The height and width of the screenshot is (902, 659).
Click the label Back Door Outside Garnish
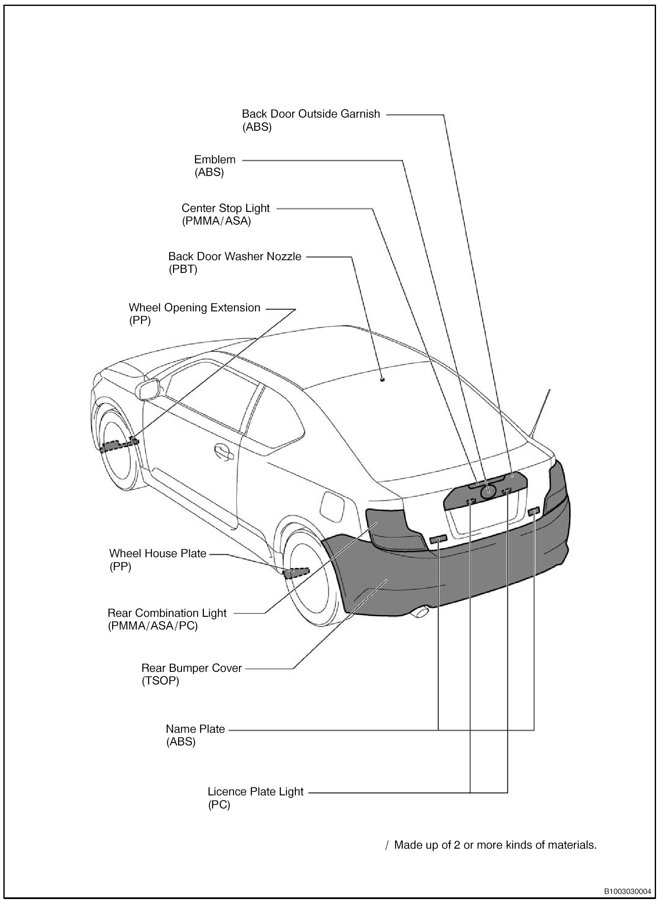[x=311, y=114]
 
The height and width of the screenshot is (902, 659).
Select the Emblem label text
[x=215, y=159]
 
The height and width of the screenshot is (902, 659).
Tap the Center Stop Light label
[x=225, y=208]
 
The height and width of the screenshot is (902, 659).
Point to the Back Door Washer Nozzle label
[x=235, y=256]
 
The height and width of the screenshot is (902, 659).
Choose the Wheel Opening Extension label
[x=194, y=308]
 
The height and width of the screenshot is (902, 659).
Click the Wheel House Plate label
[x=157, y=553]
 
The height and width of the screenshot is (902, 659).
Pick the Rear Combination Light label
[x=167, y=613]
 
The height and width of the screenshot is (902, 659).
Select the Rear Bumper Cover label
[x=191, y=668]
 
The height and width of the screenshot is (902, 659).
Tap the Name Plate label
[x=195, y=729]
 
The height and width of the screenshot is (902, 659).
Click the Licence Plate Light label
[x=255, y=792]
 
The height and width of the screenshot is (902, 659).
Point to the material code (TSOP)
[x=160, y=681]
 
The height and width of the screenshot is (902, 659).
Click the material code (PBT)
[x=183, y=269]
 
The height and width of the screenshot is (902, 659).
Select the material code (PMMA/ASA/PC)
[x=153, y=626]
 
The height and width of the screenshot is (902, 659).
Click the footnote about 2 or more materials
[x=495, y=845]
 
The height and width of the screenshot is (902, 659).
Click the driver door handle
[x=224, y=451]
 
